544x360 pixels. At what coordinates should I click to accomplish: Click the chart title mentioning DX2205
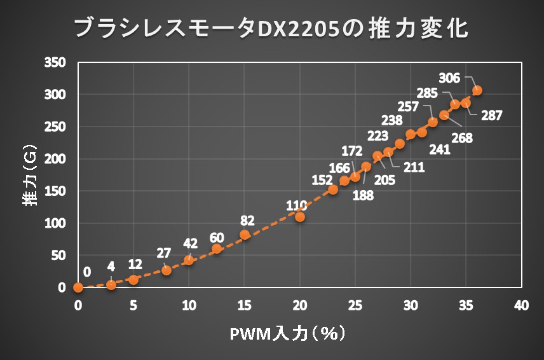click(x=271, y=29)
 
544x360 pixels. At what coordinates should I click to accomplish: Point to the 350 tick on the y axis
click(x=55, y=62)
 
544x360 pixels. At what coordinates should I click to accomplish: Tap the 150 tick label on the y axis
click(x=55, y=191)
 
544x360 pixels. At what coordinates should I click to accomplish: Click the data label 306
click(x=449, y=78)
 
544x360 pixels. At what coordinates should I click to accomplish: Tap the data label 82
click(x=248, y=221)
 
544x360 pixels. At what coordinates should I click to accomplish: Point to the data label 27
click(x=164, y=253)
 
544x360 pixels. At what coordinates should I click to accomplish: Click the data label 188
click(x=362, y=195)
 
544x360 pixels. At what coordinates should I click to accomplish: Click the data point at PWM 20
click(x=300, y=217)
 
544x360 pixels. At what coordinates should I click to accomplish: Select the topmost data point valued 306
click(x=477, y=90)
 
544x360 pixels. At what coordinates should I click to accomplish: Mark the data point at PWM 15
click(x=245, y=235)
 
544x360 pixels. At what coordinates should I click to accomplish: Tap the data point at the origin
click(x=78, y=287)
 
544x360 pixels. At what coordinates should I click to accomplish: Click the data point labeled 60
click(x=217, y=249)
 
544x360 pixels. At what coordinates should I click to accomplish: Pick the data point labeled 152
click(x=333, y=190)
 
